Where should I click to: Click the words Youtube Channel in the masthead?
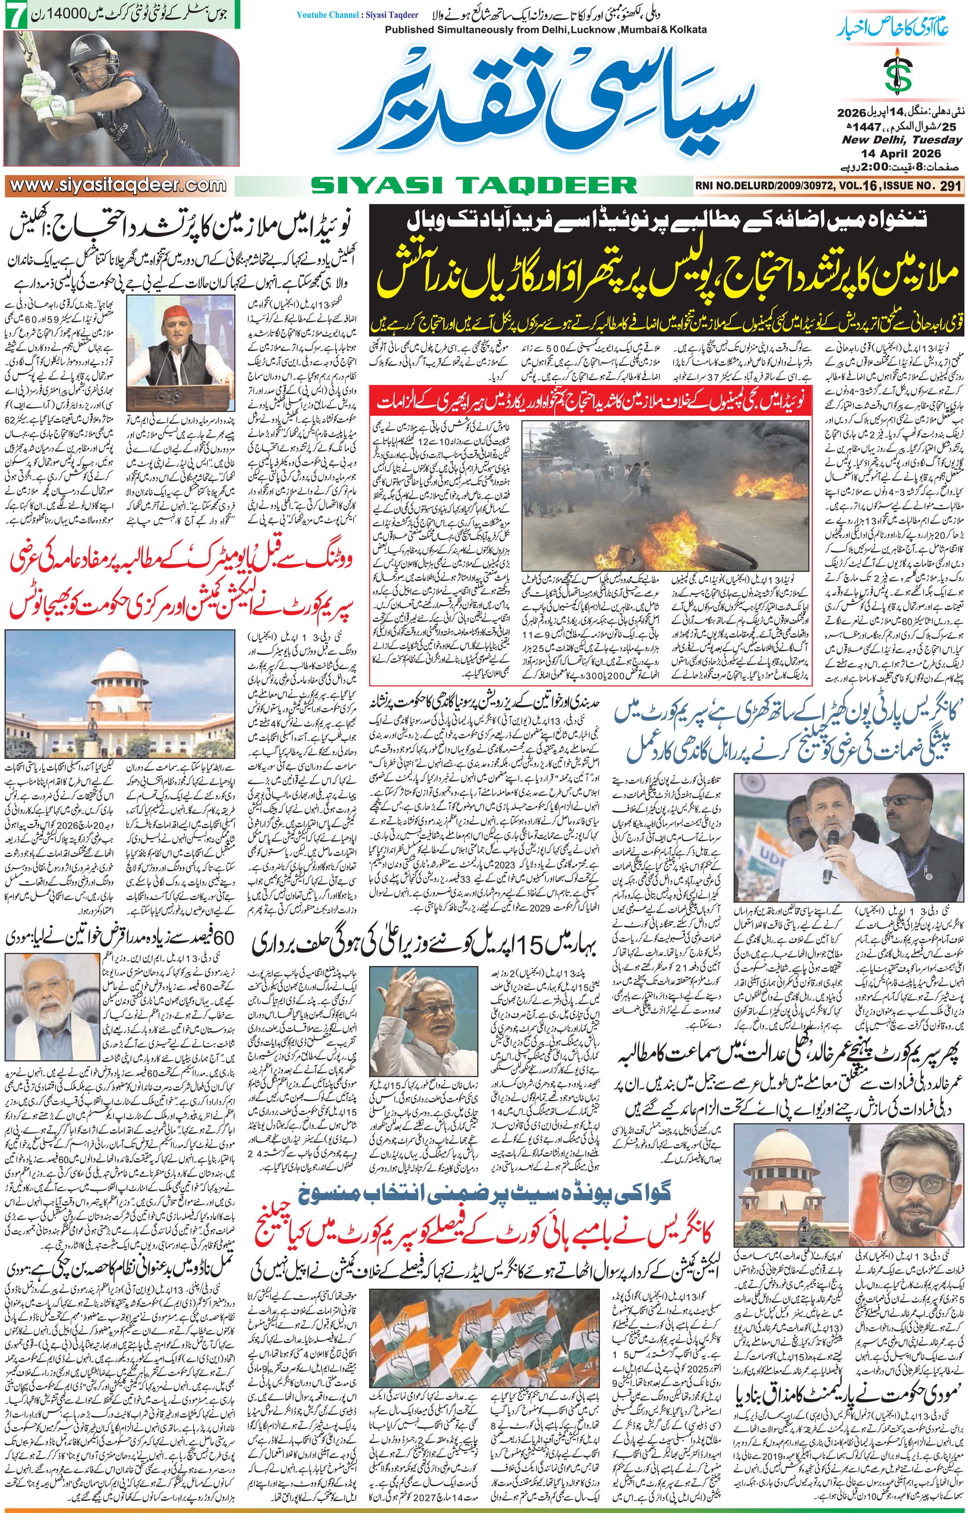[x=322, y=15]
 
